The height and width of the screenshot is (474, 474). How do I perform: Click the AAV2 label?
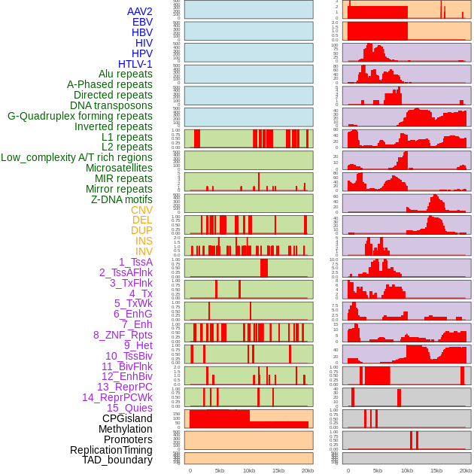point(139,11)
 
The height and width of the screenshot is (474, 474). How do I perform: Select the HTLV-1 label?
point(135,64)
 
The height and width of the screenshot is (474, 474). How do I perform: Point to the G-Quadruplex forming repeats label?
point(80,116)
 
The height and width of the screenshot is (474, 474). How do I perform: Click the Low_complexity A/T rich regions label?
point(76,157)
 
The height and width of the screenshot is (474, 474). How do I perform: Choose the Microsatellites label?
point(119,168)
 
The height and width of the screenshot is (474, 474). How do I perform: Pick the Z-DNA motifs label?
point(122,199)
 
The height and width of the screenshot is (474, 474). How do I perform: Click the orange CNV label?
point(141,210)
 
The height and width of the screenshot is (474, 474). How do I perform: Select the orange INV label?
point(144,251)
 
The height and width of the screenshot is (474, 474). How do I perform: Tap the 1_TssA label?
point(135,262)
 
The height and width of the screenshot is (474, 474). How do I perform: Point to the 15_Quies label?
point(129,408)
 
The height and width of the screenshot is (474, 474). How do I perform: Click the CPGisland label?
point(127,418)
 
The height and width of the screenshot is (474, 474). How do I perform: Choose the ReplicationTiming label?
point(111,450)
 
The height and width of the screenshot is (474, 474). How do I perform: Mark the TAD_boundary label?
point(117,460)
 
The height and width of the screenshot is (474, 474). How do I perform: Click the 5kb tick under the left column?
point(220,470)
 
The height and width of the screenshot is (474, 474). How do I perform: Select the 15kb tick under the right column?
point(436,470)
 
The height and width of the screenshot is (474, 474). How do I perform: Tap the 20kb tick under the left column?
point(307,470)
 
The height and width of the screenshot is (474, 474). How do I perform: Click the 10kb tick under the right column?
point(407,470)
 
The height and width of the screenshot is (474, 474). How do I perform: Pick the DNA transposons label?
point(111,105)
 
